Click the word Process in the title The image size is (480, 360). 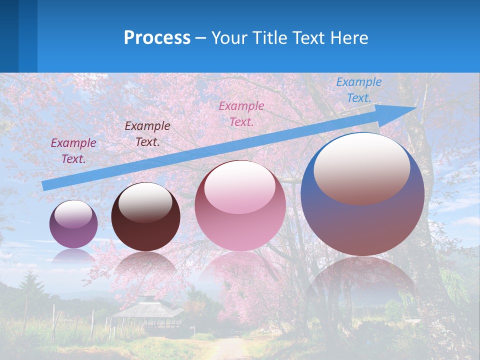pyautogui.click(x=157, y=38)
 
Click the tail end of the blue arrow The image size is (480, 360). pyautogui.click(x=45, y=185)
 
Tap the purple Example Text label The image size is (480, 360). pyautogui.click(x=73, y=150)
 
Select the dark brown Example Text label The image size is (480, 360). pyautogui.click(x=147, y=133)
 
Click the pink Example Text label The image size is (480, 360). pyautogui.click(x=241, y=113)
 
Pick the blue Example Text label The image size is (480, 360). pyautogui.click(x=358, y=89)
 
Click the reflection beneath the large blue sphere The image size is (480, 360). pyautogui.click(x=362, y=285)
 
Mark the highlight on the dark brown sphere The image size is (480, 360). pyautogui.click(x=145, y=202)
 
